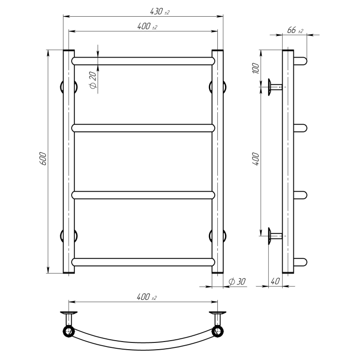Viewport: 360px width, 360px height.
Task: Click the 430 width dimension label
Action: [x=160, y=11]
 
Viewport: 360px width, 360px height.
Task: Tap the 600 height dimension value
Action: [x=43, y=158]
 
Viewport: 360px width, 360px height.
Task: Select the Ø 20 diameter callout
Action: [x=93, y=80]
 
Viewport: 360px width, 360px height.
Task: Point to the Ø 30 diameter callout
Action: [x=237, y=282]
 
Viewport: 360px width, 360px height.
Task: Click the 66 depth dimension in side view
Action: [x=295, y=30]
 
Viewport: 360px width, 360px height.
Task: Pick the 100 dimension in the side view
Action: [x=256, y=68]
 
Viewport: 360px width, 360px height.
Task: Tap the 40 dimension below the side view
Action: [x=275, y=281]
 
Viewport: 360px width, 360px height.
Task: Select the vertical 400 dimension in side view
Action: [x=256, y=159]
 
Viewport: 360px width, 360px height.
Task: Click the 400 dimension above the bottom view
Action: [x=147, y=297]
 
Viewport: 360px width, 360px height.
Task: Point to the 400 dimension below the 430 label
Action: [x=147, y=27]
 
